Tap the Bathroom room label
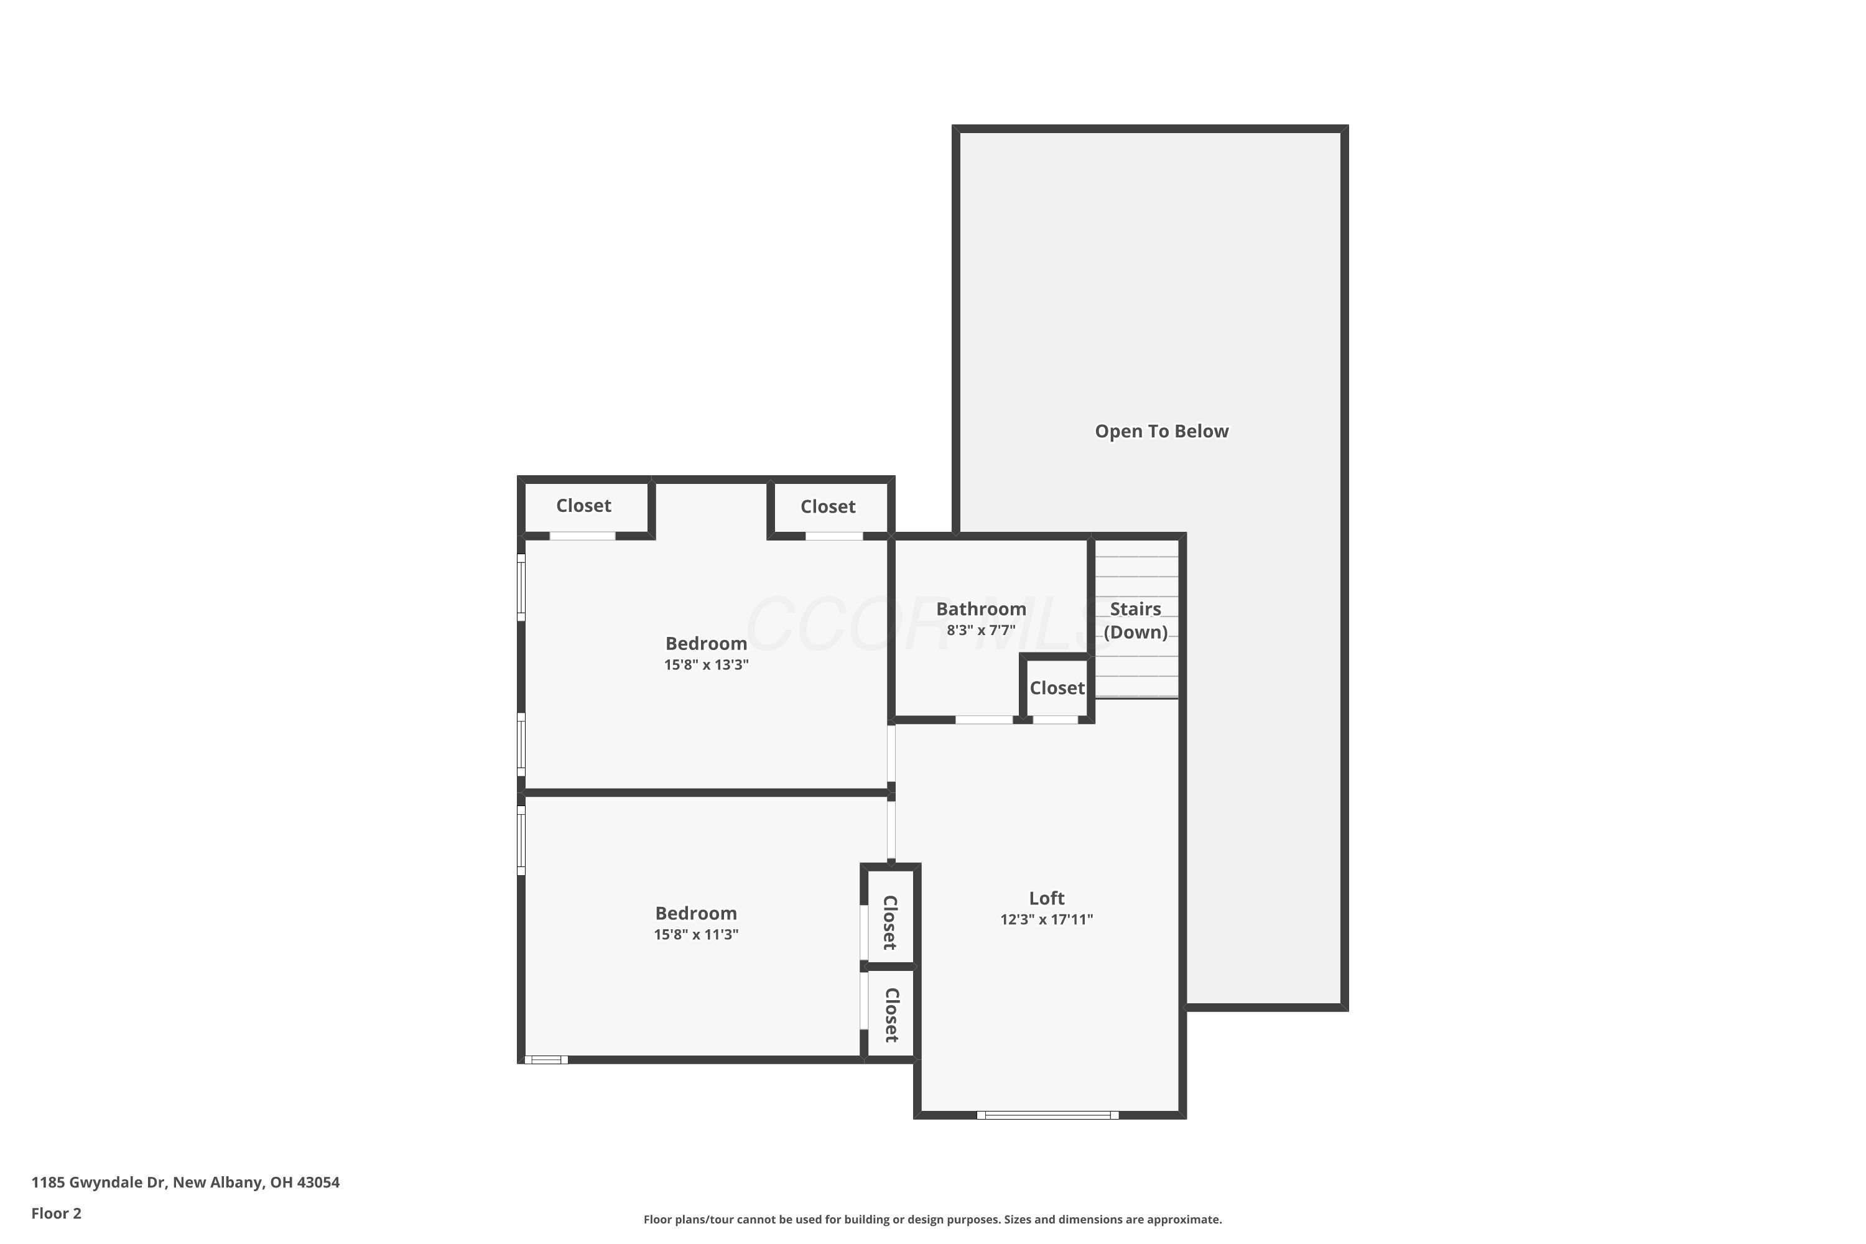click(981, 610)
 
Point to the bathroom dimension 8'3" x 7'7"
click(981, 631)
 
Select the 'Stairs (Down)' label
click(1135, 620)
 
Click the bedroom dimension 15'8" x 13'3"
click(706, 665)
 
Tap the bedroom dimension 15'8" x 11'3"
click(696, 935)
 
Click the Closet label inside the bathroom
click(1057, 688)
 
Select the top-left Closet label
click(583, 506)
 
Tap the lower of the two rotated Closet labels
click(891, 1016)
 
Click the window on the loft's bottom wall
click(1047, 1115)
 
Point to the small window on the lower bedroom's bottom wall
click(546, 1060)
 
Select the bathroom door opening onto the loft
click(984, 720)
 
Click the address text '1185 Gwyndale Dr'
click(99, 1182)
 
